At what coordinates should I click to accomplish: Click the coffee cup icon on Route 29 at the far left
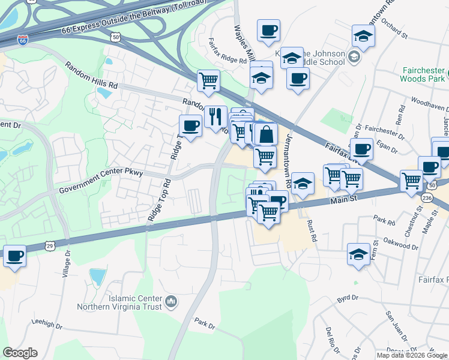pos(14,256)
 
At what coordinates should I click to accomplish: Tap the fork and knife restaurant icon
pos(215,115)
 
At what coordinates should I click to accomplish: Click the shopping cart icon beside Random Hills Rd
pos(208,80)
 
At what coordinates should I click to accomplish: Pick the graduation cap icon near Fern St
pos(358,253)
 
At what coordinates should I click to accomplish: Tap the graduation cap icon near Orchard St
pos(363,35)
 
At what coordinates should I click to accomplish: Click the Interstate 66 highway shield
pos(23,41)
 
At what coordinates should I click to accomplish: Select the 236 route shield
pos(427,197)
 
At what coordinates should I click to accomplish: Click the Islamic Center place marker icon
pos(171,301)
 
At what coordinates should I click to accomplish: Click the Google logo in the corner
pos(20,353)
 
